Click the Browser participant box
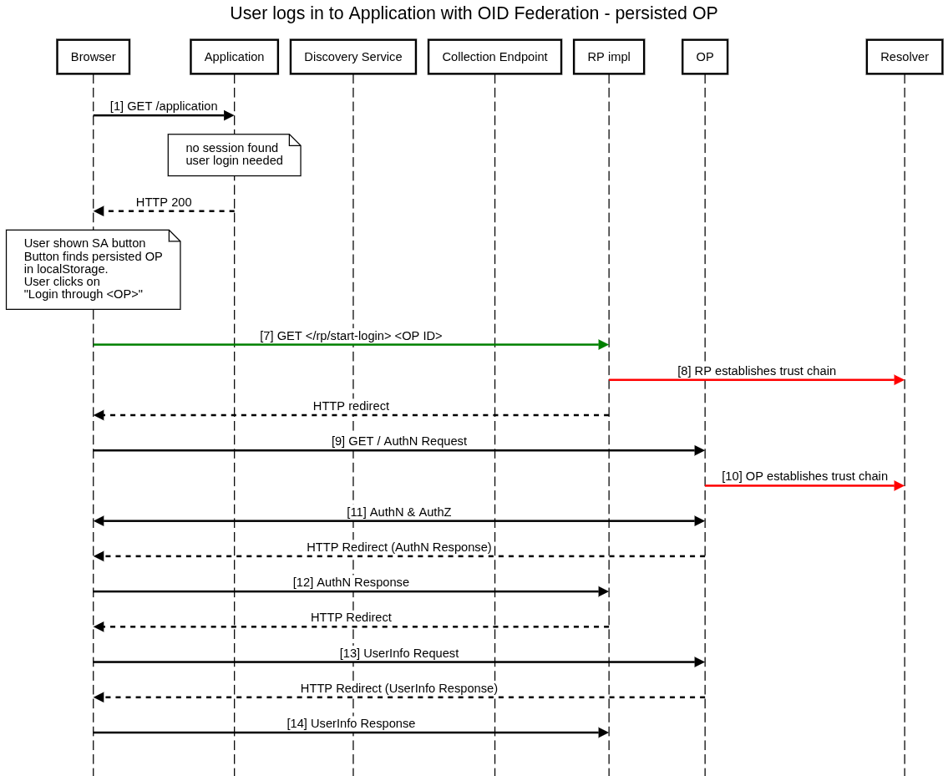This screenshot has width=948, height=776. pos(94,57)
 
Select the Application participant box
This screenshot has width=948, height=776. pos(234,57)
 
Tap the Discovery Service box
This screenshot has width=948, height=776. pos(352,57)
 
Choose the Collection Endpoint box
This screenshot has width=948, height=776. pos(494,57)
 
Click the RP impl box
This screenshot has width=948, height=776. pos(609,57)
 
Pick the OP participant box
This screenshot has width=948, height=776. pos(705,57)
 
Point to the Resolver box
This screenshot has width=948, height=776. pos(905,57)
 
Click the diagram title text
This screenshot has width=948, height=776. pos(474,13)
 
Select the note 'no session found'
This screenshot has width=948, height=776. pos(234,155)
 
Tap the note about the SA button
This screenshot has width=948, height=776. pos(93,269)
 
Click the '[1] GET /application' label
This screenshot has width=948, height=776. pos(164,106)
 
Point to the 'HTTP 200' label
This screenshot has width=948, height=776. pos(164,202)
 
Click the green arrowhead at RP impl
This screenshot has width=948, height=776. pos(603,344)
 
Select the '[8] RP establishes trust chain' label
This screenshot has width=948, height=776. pos(757,371)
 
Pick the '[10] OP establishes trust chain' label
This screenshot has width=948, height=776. pos(804,476)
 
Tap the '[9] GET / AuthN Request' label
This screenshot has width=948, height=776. pos(399,441)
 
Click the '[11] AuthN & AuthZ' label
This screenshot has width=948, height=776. pos(399,512)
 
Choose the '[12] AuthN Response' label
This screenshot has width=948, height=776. pos(351,582)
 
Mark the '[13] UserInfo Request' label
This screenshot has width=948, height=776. pos(399,653)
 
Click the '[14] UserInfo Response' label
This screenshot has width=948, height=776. pos(351,723)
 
